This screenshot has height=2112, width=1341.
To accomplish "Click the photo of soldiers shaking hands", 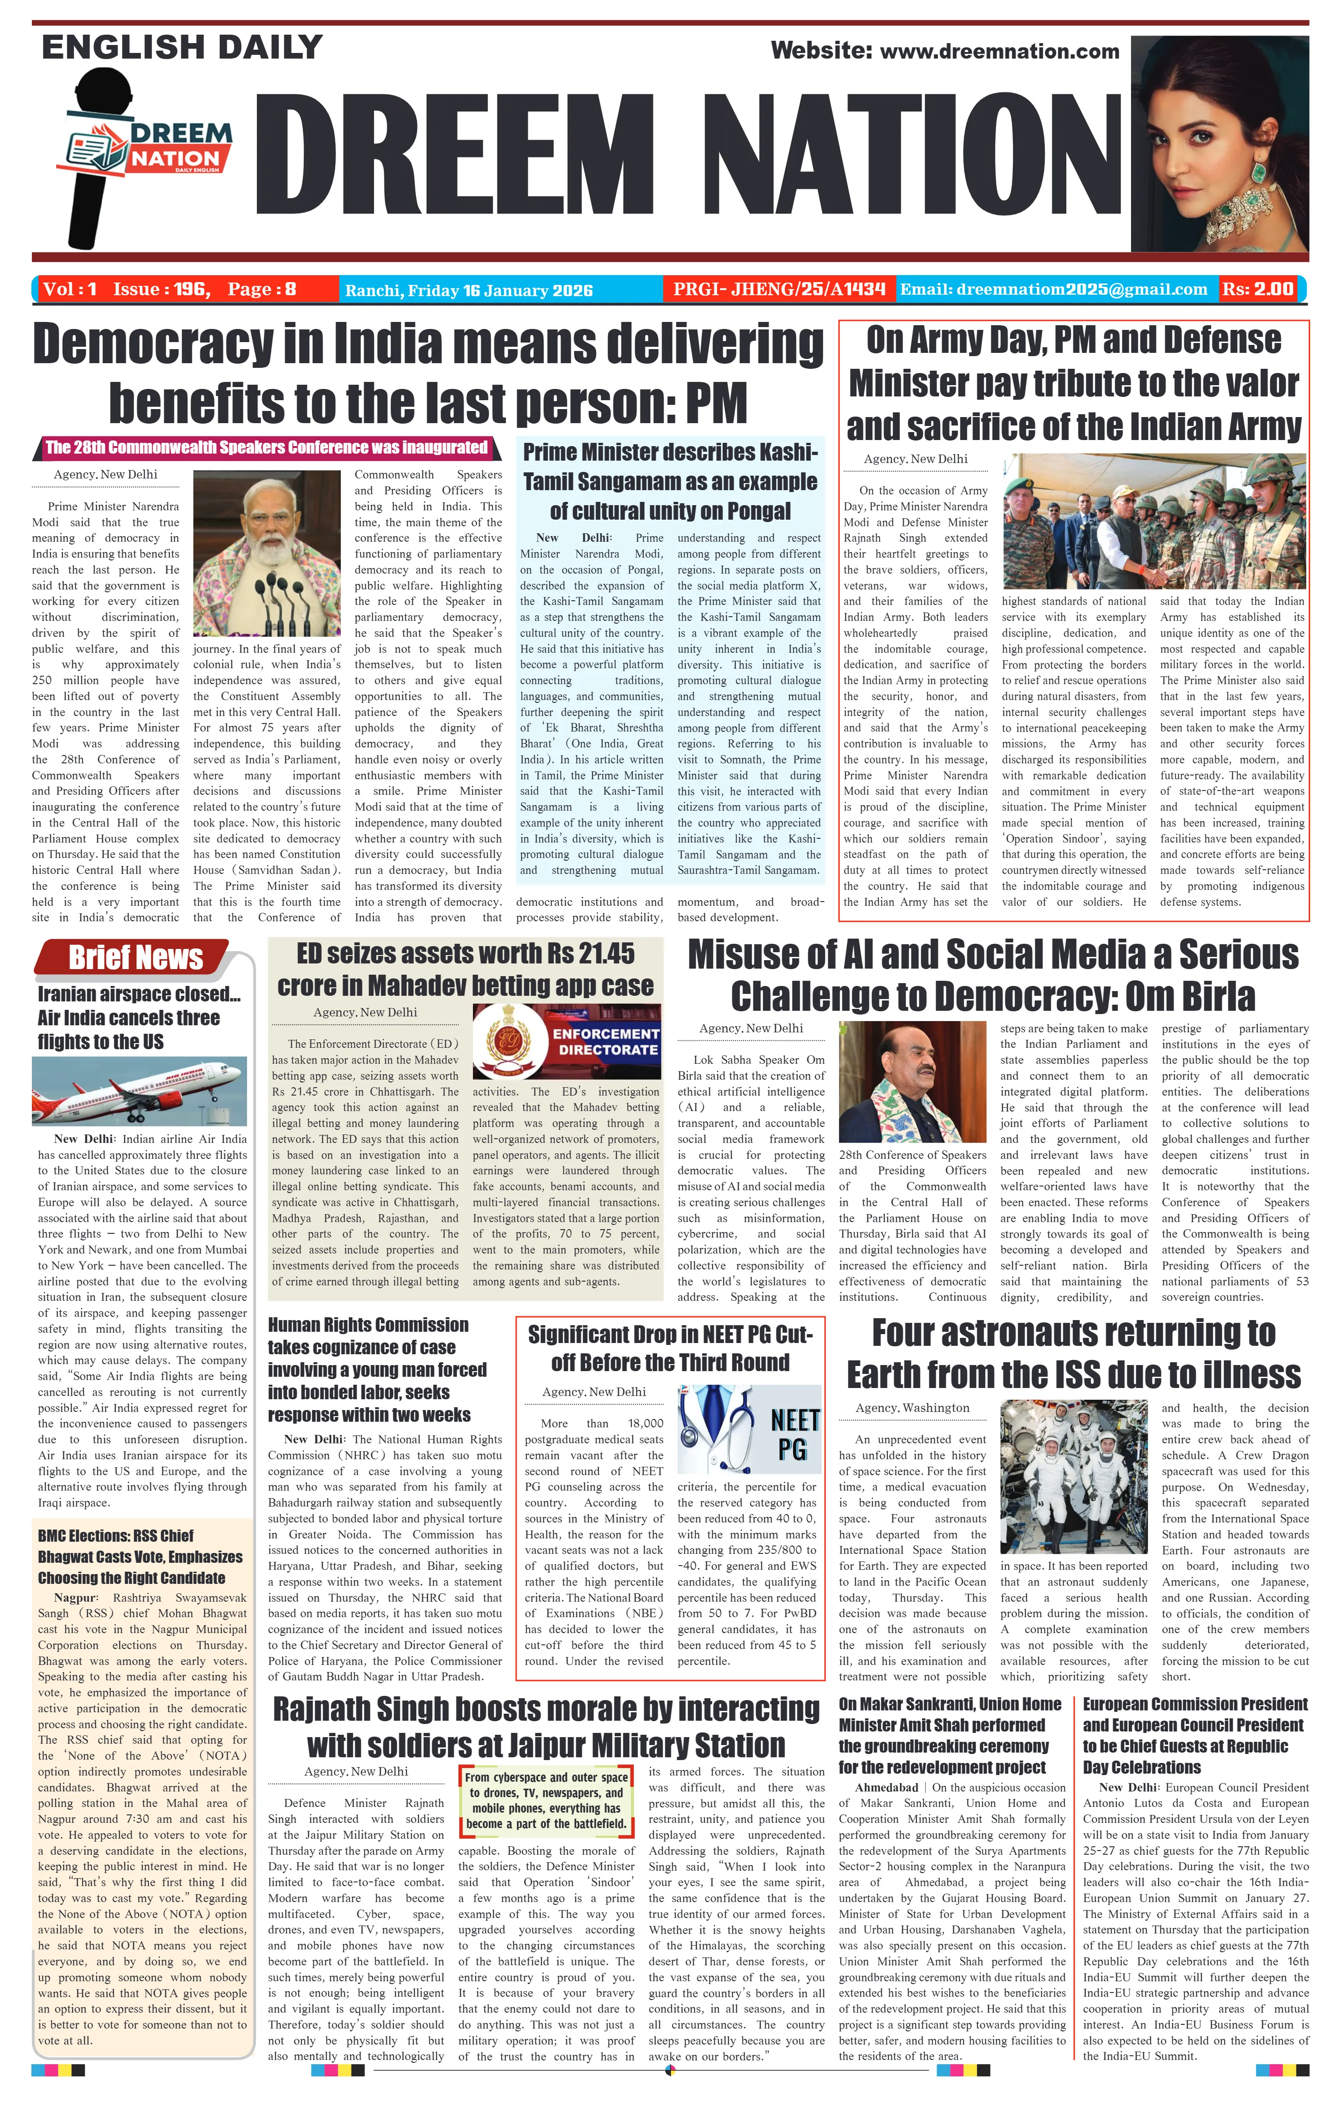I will pos(1154,521).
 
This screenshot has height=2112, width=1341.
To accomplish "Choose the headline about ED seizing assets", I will pos(465,969).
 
